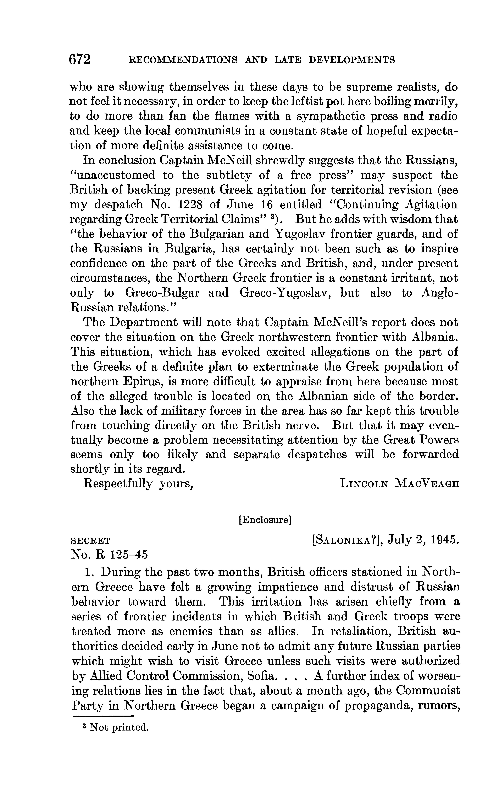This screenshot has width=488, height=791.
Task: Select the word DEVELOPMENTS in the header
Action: click(352, 60)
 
